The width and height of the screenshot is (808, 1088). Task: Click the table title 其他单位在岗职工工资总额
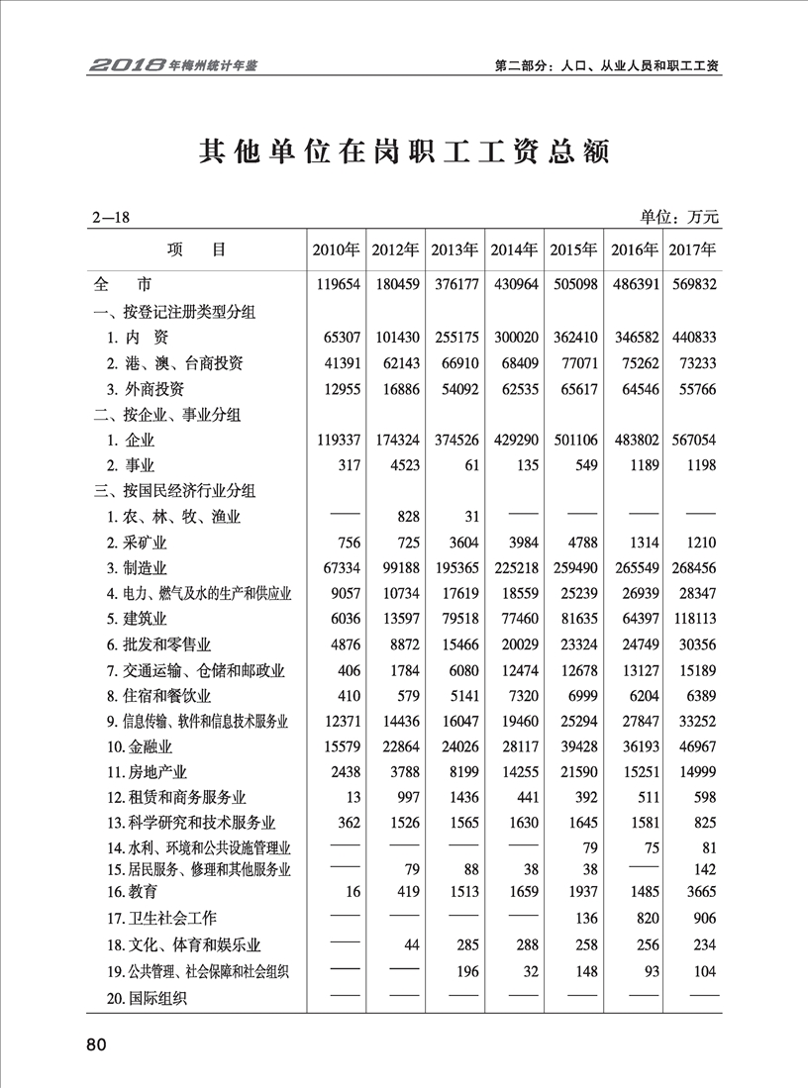(404, 151)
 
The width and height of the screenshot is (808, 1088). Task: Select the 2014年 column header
(514, 249)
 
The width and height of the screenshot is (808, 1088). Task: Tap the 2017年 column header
(692, 249)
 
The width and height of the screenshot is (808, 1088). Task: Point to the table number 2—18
(110, 217)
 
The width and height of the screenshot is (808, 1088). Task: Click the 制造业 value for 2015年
(575, 567)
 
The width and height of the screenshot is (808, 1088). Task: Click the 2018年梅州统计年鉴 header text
(179, 65)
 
